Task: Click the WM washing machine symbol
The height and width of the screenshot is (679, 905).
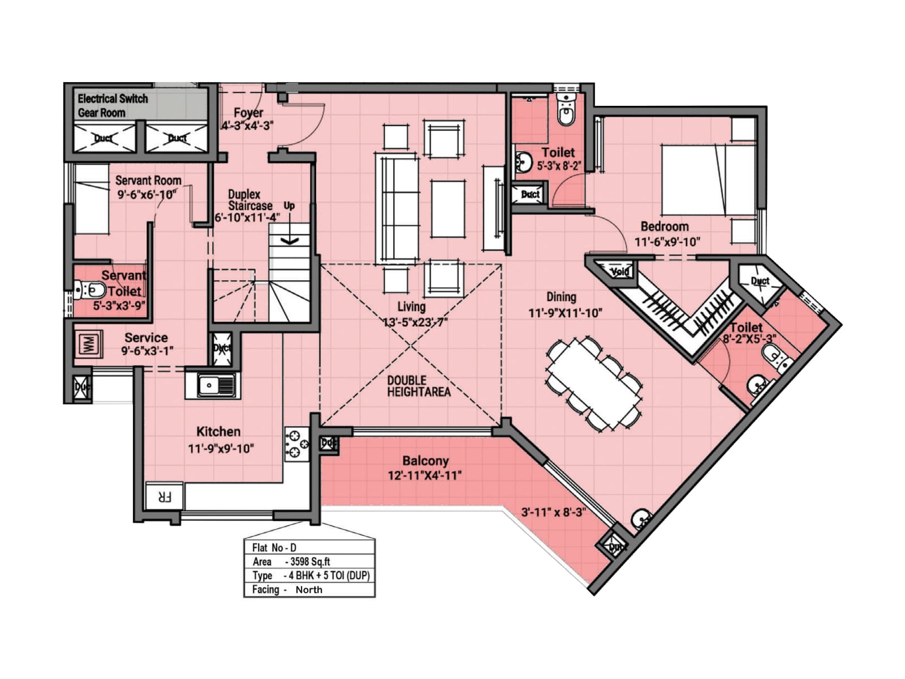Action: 89,343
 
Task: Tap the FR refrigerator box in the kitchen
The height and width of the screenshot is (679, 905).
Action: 164,497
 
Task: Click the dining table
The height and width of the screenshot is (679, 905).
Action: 594,384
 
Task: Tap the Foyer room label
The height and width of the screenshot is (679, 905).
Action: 248,113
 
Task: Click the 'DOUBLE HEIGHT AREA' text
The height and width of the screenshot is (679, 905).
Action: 419,386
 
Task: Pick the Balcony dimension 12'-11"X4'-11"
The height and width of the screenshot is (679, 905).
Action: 425,476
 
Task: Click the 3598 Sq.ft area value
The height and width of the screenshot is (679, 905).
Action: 307,562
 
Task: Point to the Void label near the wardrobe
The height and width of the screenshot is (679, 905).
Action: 620,272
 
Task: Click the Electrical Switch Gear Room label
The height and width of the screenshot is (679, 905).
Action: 113,105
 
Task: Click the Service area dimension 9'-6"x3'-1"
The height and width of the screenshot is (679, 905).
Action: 147,351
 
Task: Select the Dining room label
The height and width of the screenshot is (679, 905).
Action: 561,296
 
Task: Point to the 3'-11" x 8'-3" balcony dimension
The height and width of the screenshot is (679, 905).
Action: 553,513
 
